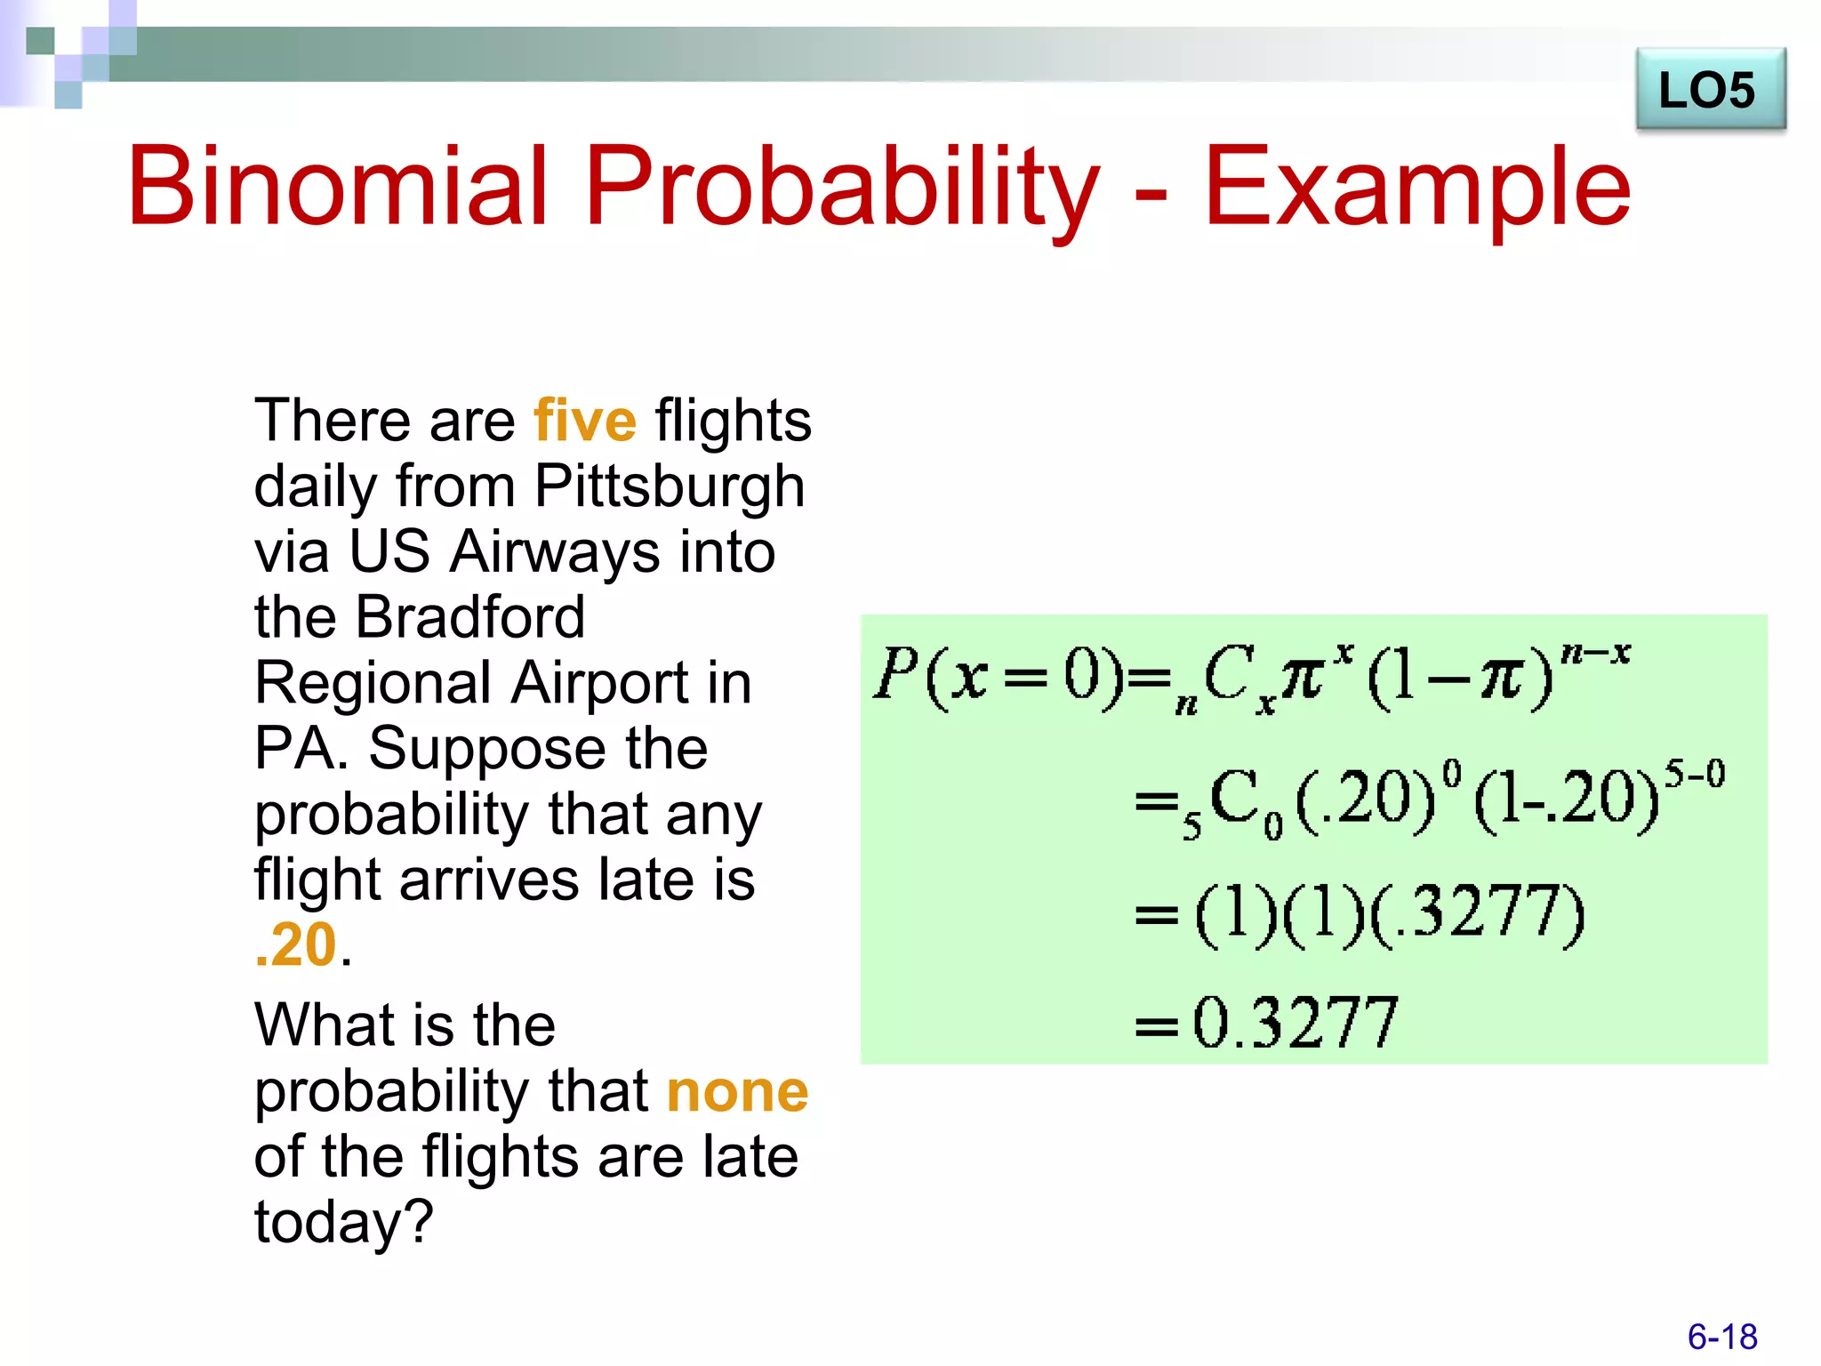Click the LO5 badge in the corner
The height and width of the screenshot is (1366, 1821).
1709,90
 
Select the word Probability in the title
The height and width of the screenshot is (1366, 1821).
841,189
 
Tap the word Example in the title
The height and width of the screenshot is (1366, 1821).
1417,189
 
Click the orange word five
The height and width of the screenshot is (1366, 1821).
585,421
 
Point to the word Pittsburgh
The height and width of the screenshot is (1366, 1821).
669,486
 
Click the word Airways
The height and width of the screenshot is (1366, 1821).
555,551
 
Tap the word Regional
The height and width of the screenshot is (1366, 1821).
372,683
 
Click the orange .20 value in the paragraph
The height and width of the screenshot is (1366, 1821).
295,944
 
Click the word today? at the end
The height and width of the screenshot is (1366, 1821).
343,1222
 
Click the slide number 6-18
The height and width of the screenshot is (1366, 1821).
1721,1337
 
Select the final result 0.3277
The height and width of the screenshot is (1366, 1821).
1294,1023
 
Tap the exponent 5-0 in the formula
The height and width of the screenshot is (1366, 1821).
1694,774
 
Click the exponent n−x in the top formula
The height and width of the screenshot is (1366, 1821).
1595,654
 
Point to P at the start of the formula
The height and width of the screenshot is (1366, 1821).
894,674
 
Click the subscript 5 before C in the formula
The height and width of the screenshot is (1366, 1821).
1191,827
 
